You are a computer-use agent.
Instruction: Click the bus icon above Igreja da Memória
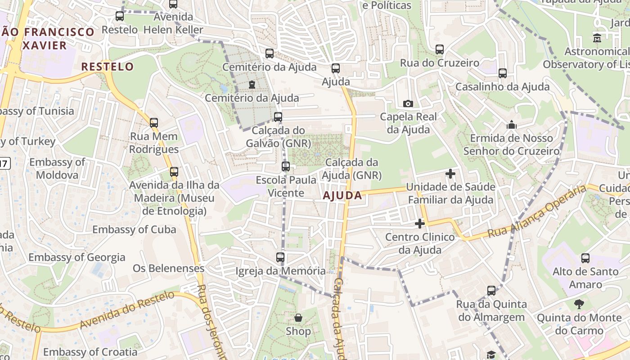click(x=280, y=257)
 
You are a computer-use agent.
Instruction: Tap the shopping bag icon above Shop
click(x=298, y=318)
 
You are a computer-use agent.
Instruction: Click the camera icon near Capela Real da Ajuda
click(x=408, y=104)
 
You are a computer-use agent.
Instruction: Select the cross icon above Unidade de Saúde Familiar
click(x=450, y=173)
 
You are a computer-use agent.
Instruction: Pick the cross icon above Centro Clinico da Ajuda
click(x=419, y=223)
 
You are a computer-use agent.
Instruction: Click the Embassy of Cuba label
click(x=134, y=229)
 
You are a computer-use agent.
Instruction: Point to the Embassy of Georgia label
click(x=77, y=257)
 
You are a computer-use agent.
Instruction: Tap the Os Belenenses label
click(x=168, y=269)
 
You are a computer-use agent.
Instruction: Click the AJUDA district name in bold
click(x=342, y=195)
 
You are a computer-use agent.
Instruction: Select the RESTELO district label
click(x=107, y=67)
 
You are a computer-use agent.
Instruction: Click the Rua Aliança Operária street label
click(x=537, y=212)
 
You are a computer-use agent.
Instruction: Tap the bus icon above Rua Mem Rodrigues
click(x=154, y=122)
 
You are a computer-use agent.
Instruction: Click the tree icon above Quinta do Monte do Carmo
click(x=579, y=305)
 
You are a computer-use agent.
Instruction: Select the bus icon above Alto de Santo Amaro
click(x=585, y=258)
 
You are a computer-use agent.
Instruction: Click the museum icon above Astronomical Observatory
click(x=597, y=38)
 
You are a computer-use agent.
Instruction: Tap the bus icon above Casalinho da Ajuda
click(x=502, y=73)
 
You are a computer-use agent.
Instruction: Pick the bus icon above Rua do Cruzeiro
click(x=439, y=49)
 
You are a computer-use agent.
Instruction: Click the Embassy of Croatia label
click(x=90, y=352)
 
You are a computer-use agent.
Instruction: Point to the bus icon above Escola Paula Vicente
click(x=285, y=166)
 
